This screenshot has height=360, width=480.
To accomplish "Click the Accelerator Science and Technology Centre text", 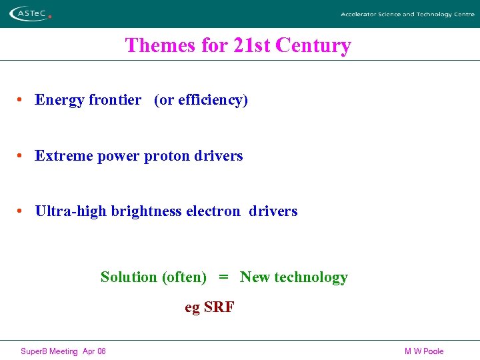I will pos(407,14).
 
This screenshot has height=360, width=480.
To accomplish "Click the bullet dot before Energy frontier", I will pos(21,100).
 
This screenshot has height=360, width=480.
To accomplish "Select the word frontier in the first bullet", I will pos(115,100).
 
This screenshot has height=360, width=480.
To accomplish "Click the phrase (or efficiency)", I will pos(201,100).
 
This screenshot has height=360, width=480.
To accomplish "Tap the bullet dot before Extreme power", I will pos(21,156).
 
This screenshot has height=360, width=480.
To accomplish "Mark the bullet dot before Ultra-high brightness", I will pos(21,211).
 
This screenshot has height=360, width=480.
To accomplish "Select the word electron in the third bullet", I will pos(213,211).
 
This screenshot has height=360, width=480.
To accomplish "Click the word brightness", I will pos(146,211).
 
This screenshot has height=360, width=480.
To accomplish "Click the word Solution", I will pos(129,277).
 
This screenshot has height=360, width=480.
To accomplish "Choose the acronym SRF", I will pos(219,307).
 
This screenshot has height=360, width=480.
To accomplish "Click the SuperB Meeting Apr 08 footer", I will pos(63,351).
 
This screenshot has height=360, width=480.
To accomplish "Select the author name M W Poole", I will pos(423,351).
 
